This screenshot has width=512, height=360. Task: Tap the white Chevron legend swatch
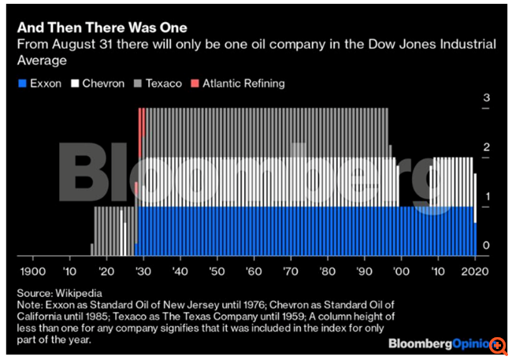[76, 83]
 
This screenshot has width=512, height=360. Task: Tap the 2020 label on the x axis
[475, 270]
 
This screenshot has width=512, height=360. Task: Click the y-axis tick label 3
[487, 98]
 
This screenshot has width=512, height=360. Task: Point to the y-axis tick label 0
[487, 247]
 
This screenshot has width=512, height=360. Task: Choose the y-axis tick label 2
[487, 147]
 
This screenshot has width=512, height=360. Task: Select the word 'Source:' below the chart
[35, 292]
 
